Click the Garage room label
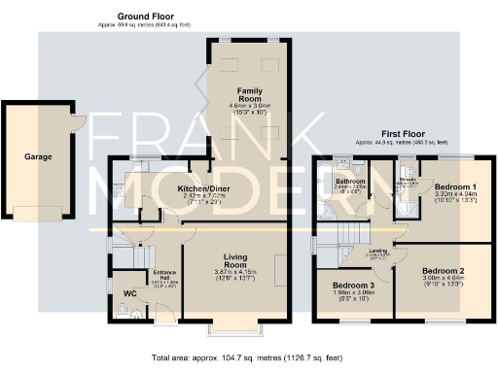[x=39, y=155]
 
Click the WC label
[x=129, y=293]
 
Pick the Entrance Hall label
[x=162, y=275]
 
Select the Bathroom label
[x=350, y=182]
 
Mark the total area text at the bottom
[x=249, y=357]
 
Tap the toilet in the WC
[x=120, y=310]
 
